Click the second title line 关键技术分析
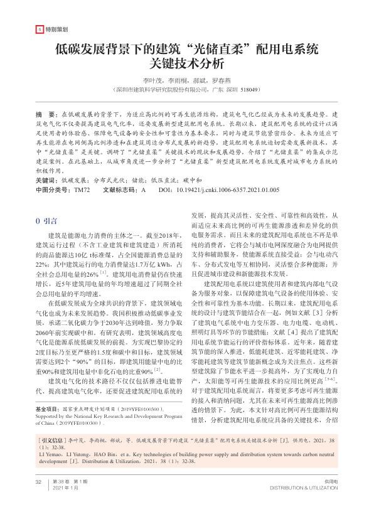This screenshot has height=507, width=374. pyautogui.click(x=187, y=63)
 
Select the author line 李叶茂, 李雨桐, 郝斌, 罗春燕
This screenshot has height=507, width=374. pyautogui.click(x=187, y=80)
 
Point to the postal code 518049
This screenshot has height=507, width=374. pyautogui.click(x=248, y=90)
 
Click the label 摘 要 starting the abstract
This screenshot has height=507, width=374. pyautogui.click(x=45, y=115)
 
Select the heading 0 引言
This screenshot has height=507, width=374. pyautogui.click(x=48, y=204)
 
